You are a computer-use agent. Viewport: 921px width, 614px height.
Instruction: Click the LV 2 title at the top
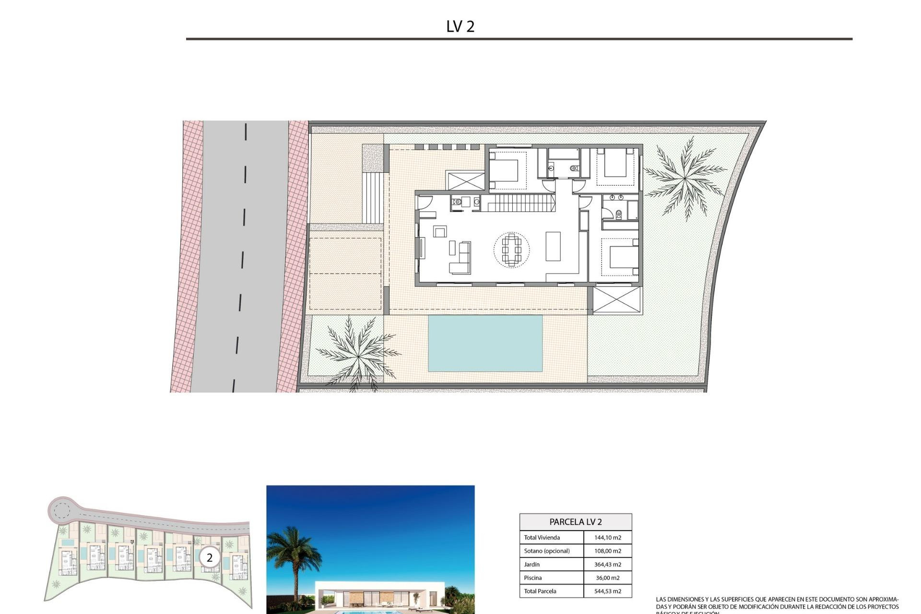[x=460, y=26]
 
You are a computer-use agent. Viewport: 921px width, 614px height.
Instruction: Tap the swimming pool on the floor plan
[x=485, y=343]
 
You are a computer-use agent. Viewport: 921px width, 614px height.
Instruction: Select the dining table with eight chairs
[x=511, y=249]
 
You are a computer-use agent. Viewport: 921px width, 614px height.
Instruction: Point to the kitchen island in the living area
[x=553, y=246]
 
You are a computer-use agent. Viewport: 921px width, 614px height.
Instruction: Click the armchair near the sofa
[x=440, y=232]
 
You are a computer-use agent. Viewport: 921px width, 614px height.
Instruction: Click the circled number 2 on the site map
[x=210, y=558]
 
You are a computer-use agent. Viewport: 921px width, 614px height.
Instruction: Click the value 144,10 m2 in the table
[x=607, y=538]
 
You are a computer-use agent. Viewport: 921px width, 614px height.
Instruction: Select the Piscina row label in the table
[x=532, y=578]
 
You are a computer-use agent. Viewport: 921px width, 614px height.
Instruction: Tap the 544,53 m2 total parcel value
[x=607, y=591]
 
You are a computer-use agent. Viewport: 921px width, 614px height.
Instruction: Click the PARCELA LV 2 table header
[x=575, y=522]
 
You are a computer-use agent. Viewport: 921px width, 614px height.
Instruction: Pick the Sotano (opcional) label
[x=547, y=551]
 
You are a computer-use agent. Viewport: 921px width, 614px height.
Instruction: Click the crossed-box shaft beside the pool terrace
[x=617, y=300]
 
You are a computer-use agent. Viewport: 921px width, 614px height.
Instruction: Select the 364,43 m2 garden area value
[x=607, y=565]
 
